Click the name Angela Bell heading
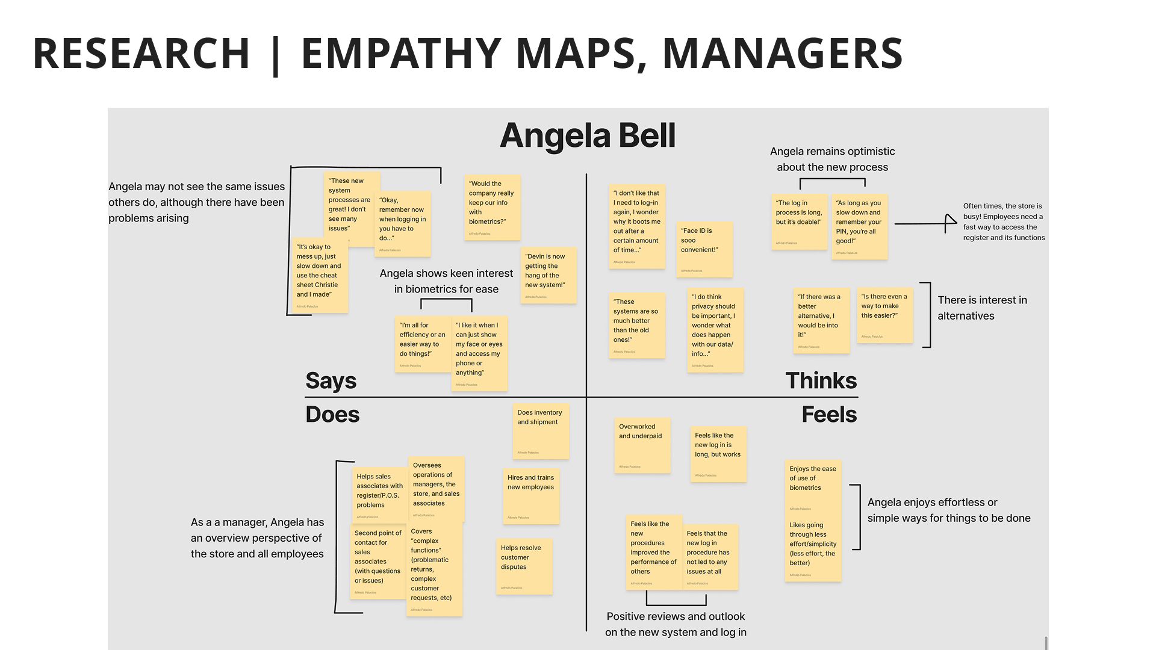coord(588,135)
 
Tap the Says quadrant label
coord(331,380)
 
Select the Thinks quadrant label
coord(821,380)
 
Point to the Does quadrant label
coord(332,415)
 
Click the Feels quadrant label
coord(829,415)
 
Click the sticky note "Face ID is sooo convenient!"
coord(704,249)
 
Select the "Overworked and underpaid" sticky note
coord(642,445)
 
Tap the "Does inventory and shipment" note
coord(541,431)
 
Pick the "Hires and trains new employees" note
coord(531,496)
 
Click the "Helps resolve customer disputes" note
coord(524,566)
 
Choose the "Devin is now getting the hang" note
coord(548,275)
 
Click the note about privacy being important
coord(715,330)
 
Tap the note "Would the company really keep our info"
coord(492,207)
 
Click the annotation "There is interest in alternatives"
coord(982,308)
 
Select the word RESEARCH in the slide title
coord(141,53)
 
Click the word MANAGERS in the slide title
coord(782,53)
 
